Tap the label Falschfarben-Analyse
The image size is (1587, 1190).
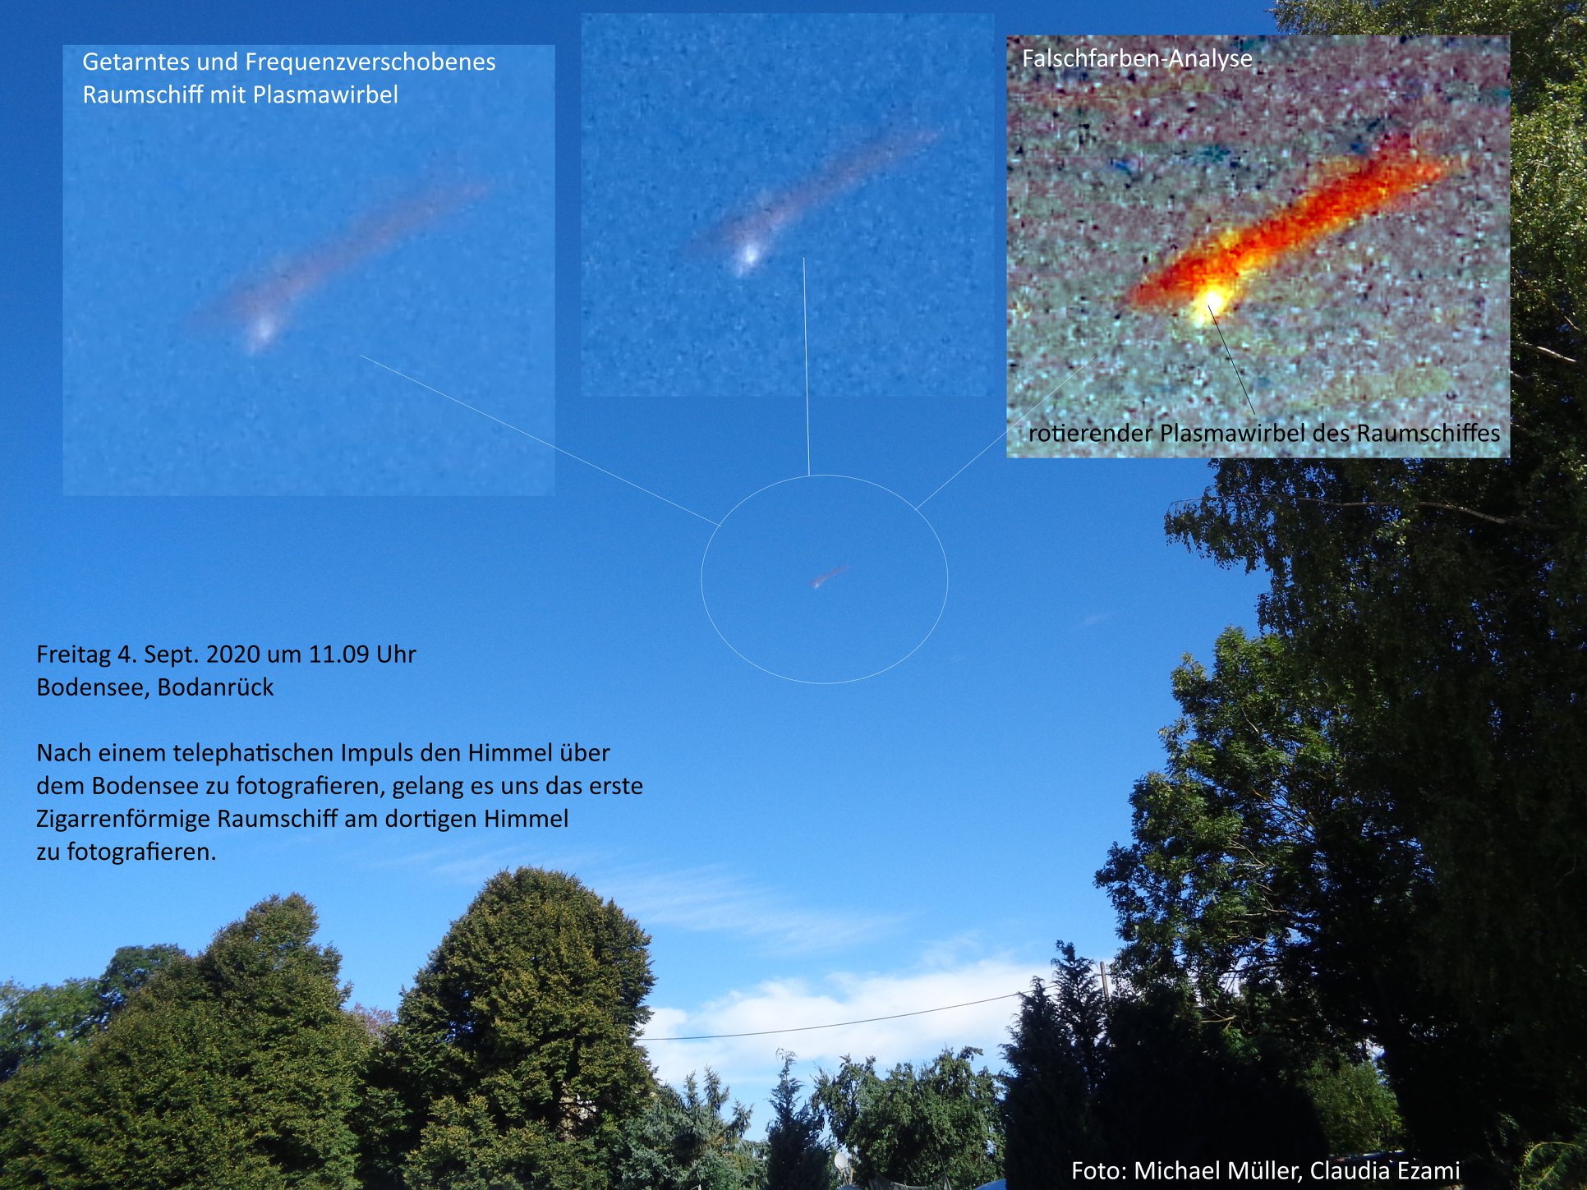point(1137,58)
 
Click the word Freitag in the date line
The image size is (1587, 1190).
point(73,655)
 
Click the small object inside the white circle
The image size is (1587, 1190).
point(829,577)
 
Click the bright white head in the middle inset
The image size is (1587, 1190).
point(747,256)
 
